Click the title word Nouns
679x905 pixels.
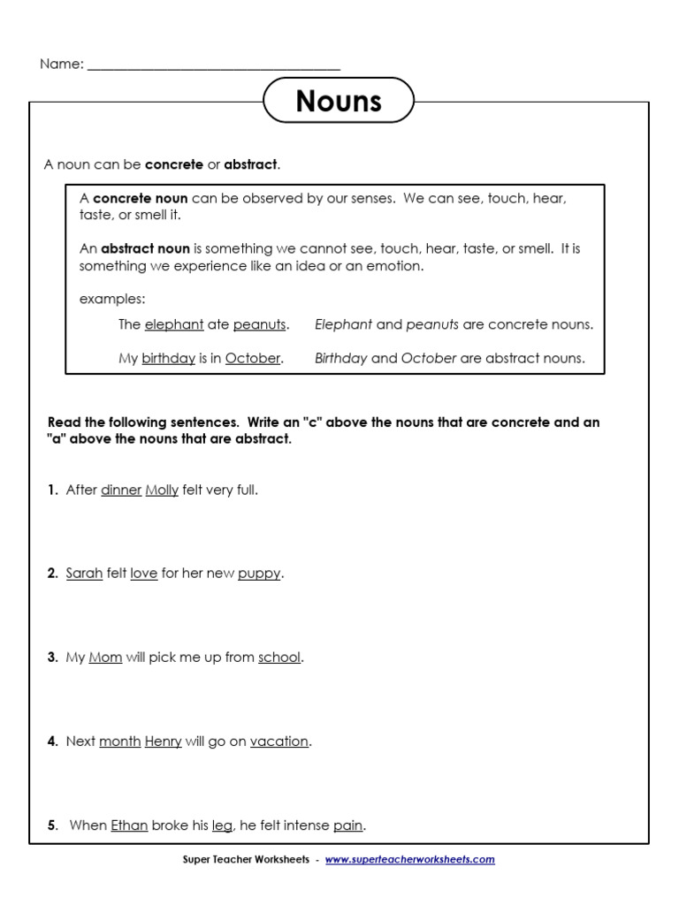coord(339,101)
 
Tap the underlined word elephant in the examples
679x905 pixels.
coord(174,324)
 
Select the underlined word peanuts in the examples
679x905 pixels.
coord(259,324)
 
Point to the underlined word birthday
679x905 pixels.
coord(168,358)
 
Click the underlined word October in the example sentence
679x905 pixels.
coord(252,358)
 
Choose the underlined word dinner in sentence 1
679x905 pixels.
coord(121,490)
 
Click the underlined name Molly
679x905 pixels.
coord(162,490)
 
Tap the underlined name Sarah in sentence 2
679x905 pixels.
coord(84,573)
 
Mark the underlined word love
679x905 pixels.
coord(143,573)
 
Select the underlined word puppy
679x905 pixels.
coord(259,574)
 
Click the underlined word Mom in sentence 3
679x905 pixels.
coord(105,658)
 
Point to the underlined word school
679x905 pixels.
coord(279,658)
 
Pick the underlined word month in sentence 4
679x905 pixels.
coord(119,741)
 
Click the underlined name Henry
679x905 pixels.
coord(163,741)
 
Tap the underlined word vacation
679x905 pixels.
coord(279,741)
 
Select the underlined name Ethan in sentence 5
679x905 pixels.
coord(129,825)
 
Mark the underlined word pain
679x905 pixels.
coord(348,825)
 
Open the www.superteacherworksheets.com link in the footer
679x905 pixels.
coord(409,859)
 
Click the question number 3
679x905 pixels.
coord(52,658)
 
